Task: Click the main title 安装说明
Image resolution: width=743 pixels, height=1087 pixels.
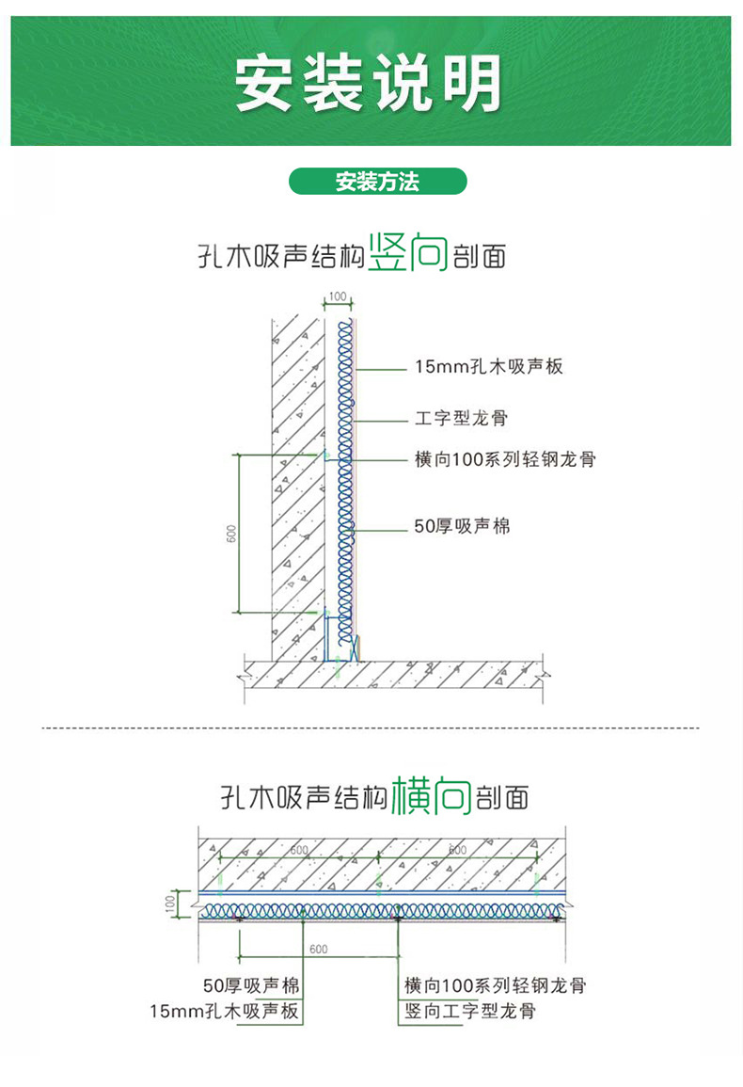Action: [x=369, y=83]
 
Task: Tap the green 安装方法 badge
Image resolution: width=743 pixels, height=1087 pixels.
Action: [x=377, y=182]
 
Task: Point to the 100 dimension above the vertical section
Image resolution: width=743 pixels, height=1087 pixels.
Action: [x=338, y=297]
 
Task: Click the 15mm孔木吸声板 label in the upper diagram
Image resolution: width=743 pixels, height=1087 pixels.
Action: [x=489, y=367]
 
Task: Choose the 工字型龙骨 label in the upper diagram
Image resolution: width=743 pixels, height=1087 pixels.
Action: [x=461, y=417]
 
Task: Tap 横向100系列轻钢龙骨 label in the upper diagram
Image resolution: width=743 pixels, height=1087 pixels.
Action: [x=505, y=459]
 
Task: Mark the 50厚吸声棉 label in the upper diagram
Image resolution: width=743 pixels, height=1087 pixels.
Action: [x=463, y=527]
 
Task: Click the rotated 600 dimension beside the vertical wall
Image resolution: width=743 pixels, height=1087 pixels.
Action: [x=231, y=532]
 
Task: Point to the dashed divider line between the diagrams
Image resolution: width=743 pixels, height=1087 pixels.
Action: [x=371, y=728]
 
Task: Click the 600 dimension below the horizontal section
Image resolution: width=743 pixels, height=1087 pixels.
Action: [x=318, y=949]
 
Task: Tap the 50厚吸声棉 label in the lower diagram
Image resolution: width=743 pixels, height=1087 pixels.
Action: [x=251, y=986]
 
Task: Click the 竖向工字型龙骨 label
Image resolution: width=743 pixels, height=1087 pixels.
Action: [x=470, y=1012]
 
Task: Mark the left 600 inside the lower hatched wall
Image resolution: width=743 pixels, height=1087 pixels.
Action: [x=298, y=850]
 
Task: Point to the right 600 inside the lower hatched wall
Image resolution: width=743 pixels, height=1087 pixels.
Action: [x=456, y=850]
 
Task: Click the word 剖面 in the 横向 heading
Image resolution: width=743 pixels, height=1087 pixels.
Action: [x=502, y=798]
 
